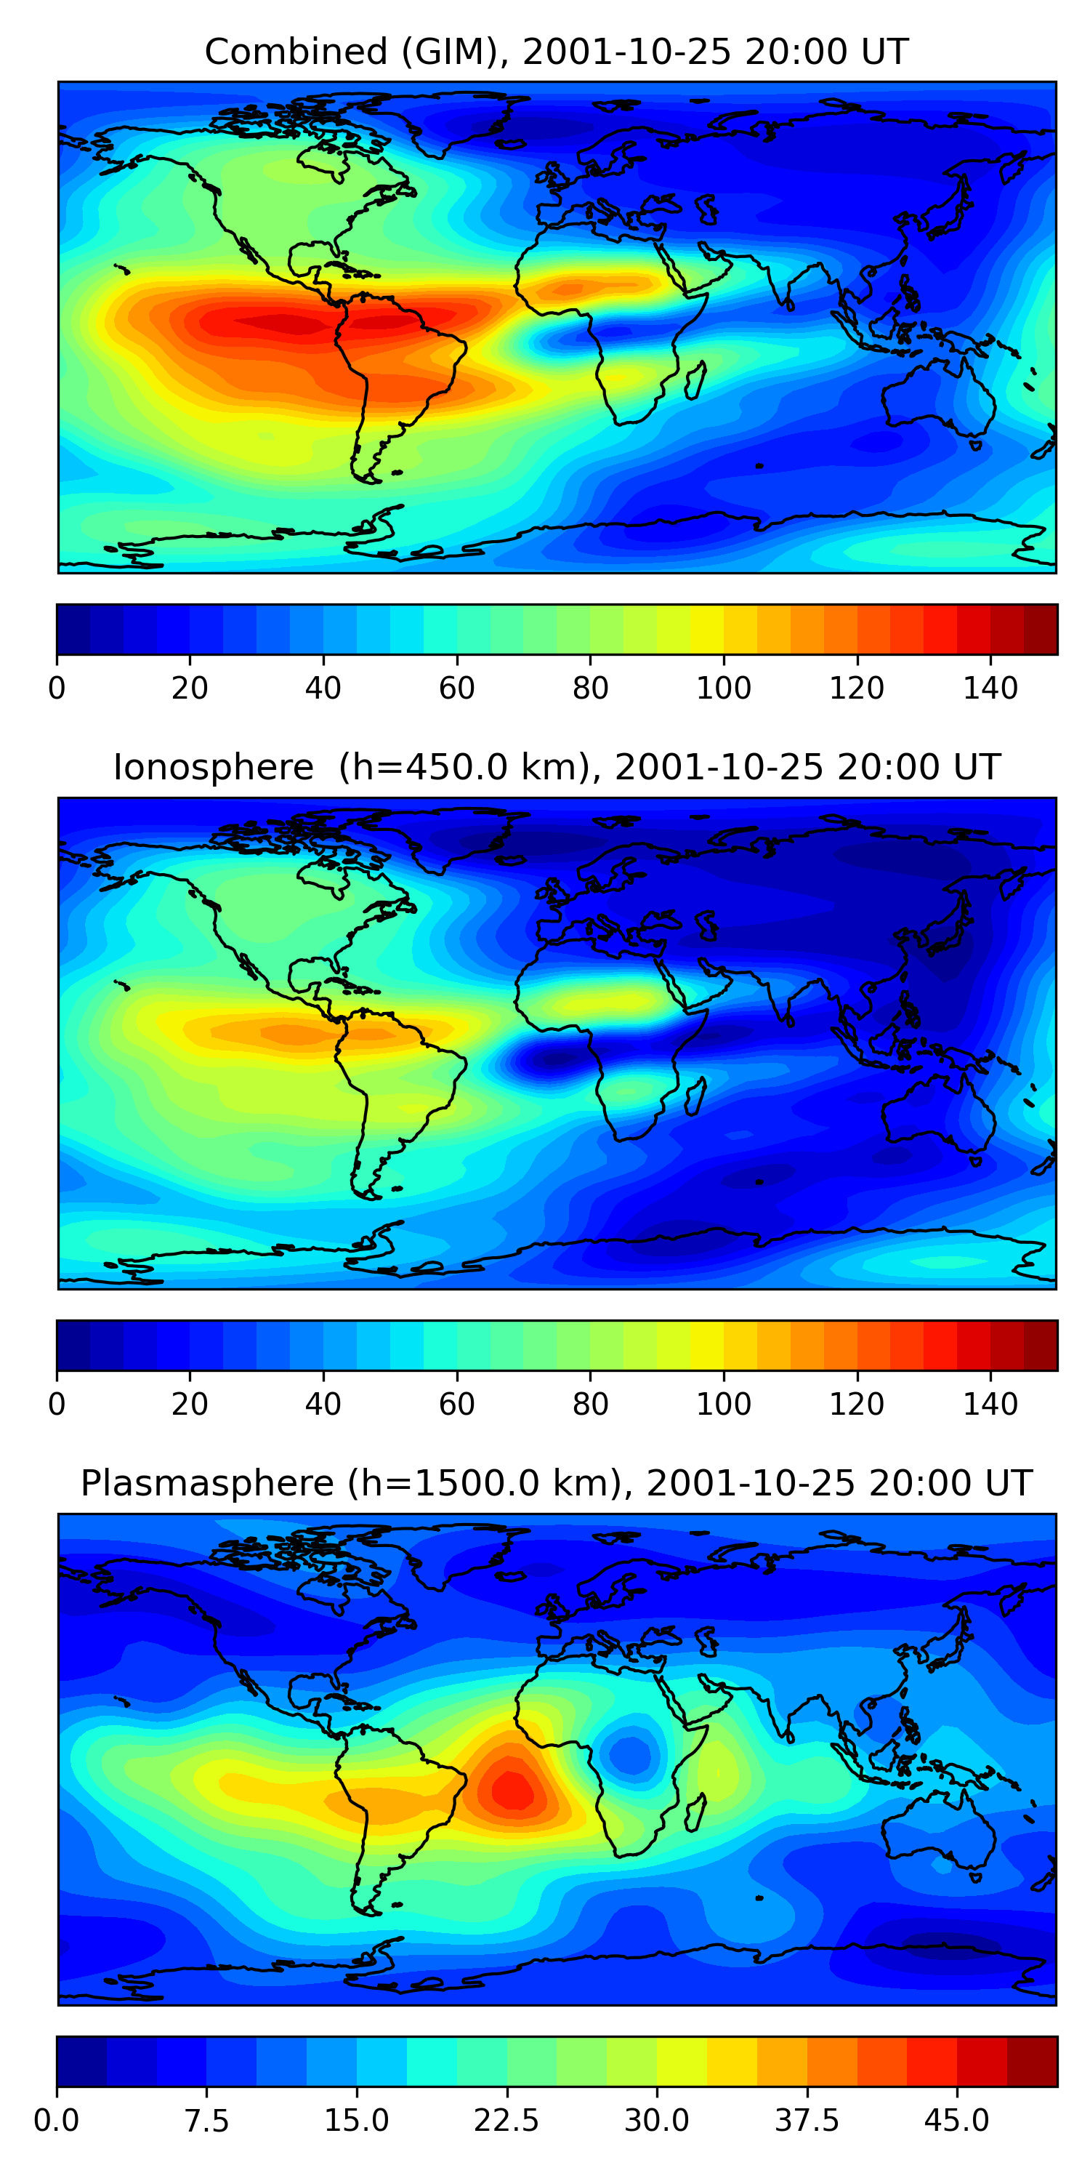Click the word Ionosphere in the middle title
(x=213, y=767)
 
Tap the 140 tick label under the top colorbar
(x=990, y=688)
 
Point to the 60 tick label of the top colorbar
(x=457, y=688)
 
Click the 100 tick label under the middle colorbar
(x=724, y=1405)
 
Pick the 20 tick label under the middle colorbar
(x=190, y=1405)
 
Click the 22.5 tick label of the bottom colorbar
(x=506, y=2121)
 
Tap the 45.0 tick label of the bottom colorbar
(x=956, y=2121)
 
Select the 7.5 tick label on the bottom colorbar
(x=206, y=2121)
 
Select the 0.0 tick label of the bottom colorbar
(x=57, y=2121)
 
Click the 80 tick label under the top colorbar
(x=590, y=688)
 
